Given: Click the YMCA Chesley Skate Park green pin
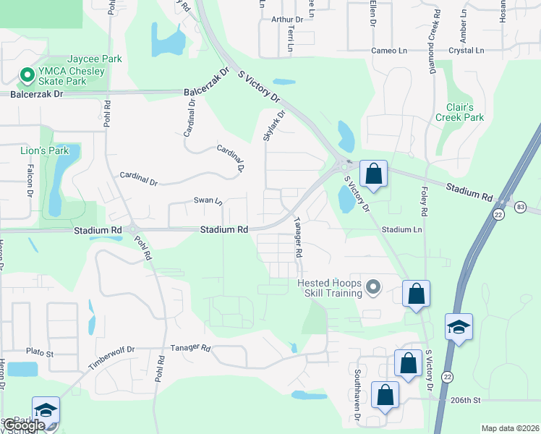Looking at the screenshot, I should [x=27, y=75].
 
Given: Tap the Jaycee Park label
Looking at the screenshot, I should [x=95, y=59].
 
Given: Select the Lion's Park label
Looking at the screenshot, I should [x=44, y=150].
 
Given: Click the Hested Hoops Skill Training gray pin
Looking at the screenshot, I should [x=373, y=288].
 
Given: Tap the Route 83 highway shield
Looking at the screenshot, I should [x=521, y=208].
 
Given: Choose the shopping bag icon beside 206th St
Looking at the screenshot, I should [x=385, y=395].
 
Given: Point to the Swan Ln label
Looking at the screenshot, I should [x=208, y=200].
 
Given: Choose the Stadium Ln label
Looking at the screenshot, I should [x=401, y=229].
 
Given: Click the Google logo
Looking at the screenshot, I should [x=24, y=426].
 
